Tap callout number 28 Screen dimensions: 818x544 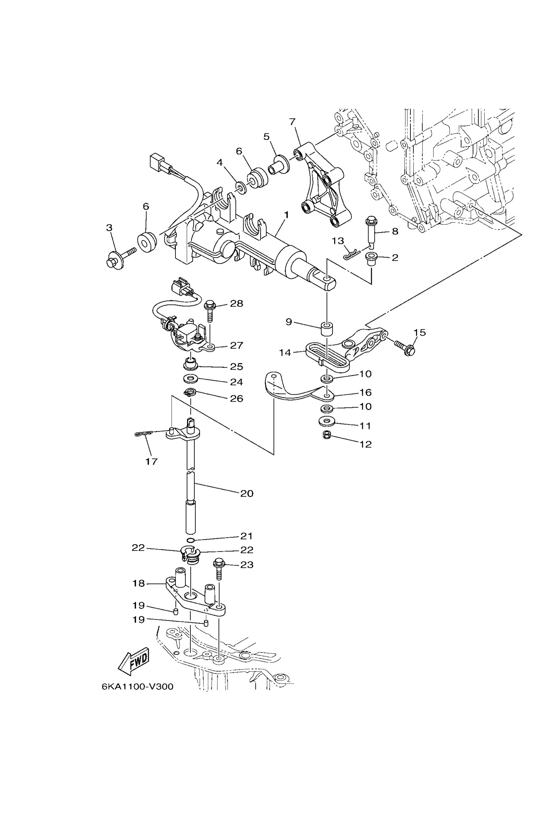pyautogui.click(x=237, y=303)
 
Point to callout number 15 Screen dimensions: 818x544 pyautogui.click(x=419, y=332)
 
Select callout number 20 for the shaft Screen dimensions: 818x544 pyautogui.click(x=247, y=493)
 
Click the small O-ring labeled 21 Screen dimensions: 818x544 pyautogui.click(x=190, y=541)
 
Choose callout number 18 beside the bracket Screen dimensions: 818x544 pyautogui.click(x=139, y=584)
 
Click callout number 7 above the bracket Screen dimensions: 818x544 pyautogui.click(x=292, y=122)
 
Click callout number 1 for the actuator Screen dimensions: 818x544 pyautogui.click(x=286, y=215)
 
